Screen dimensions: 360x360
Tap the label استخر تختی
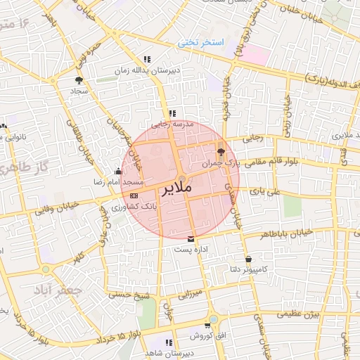[202, 44]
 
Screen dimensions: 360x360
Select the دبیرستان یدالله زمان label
[148, 71]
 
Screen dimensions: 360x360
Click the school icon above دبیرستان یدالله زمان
[146, 60]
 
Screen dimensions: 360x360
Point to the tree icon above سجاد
[78, 80]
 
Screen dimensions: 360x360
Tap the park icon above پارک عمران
[221, 151]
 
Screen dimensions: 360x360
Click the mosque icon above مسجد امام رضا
[117, 172]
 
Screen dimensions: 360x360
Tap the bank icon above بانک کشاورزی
[134, 195]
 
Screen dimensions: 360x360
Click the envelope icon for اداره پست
[191, 239]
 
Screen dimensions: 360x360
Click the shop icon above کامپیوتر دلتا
[248, 259]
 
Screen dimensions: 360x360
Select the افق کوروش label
[210, 337]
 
